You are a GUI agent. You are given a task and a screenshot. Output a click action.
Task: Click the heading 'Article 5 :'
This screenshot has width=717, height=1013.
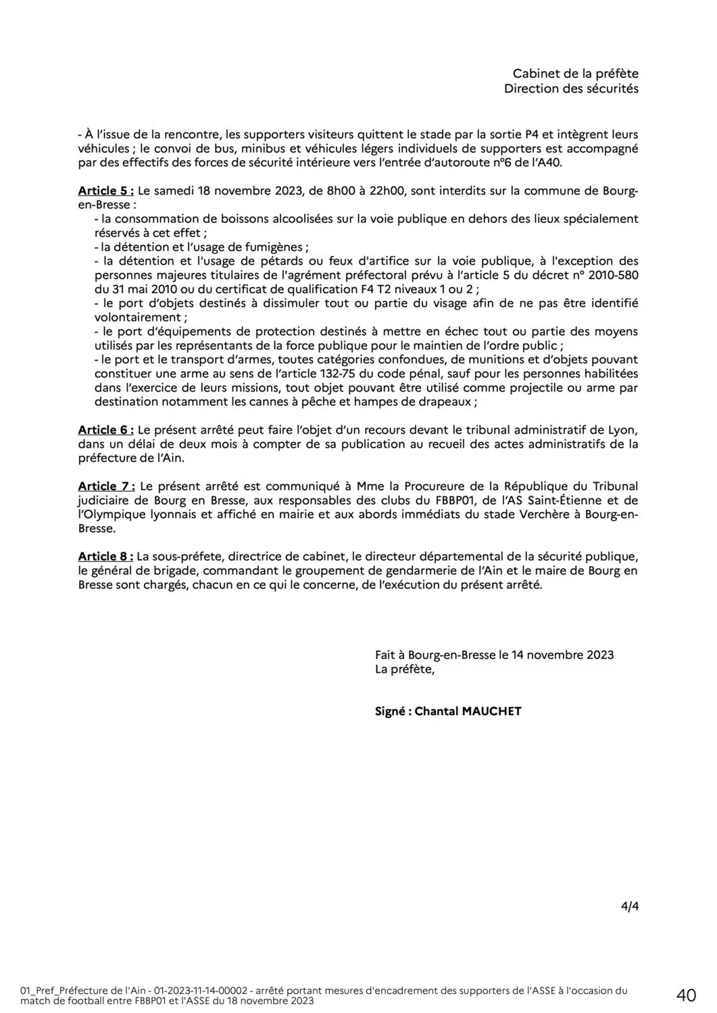click(x=105, y=190)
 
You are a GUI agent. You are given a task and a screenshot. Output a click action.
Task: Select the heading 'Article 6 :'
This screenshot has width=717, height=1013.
click(x=105, y=430)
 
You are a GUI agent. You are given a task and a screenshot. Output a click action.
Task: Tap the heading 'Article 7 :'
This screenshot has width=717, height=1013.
click(x=106, y=486)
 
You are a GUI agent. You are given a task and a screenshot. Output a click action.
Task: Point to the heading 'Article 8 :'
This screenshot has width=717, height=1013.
click(x=105, y=556)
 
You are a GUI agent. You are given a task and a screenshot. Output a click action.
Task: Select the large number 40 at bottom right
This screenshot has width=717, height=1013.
click(x=686, y=995)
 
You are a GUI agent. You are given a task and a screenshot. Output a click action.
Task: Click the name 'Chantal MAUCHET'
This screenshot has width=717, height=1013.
click(x=468, y=711)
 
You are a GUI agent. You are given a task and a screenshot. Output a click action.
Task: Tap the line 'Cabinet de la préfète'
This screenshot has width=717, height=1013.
click(x=575, y=74)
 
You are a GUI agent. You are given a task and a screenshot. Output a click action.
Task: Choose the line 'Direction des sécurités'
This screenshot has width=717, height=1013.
click(x=571, y=89)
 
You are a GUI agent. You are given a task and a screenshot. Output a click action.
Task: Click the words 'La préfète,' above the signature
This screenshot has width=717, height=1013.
click(x=405, y=670)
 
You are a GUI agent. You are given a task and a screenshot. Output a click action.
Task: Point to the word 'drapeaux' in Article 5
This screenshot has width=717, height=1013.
click(x=449, y=402)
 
